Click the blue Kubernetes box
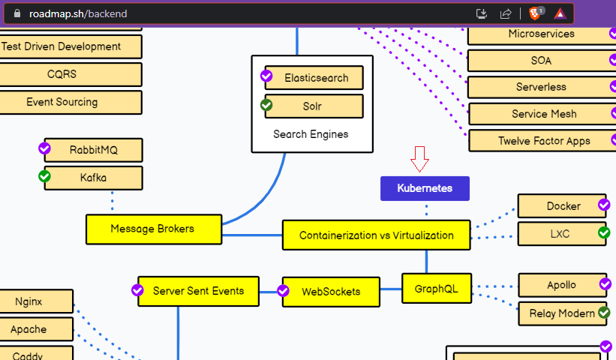pyautogui.click(x=425, y=188)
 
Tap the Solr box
pyautogui.click(x=313, y=106)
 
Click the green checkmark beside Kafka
pyautogui.click(x=44, y=176)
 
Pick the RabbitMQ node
pyautogui.click(x=93, y=150)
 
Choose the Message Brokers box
pyautogui.click(x=153, y=229)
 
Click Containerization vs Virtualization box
pyautogui.click(x=376, y=235)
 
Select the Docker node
pyautogui.click(x=563, y=206)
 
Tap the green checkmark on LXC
pyautogui.click(x=604, y=233)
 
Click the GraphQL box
pyautogui.click(x=437, y=288)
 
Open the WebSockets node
pyautogui.click(x=331, y=292)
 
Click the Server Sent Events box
pyautogui.click(x=198, y=291)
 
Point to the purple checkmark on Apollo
pyautogui.click(x=605, y=283)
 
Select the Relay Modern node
pyautogui.click(x=562, y=313)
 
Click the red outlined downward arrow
pyautogui.click(x=419, y=159)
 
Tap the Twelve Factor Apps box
pyautogui.click(x=543, y=141)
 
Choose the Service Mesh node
pyautogui.click(x=543, y=114)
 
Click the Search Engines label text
pyautogui.click(x=311, y=134)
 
